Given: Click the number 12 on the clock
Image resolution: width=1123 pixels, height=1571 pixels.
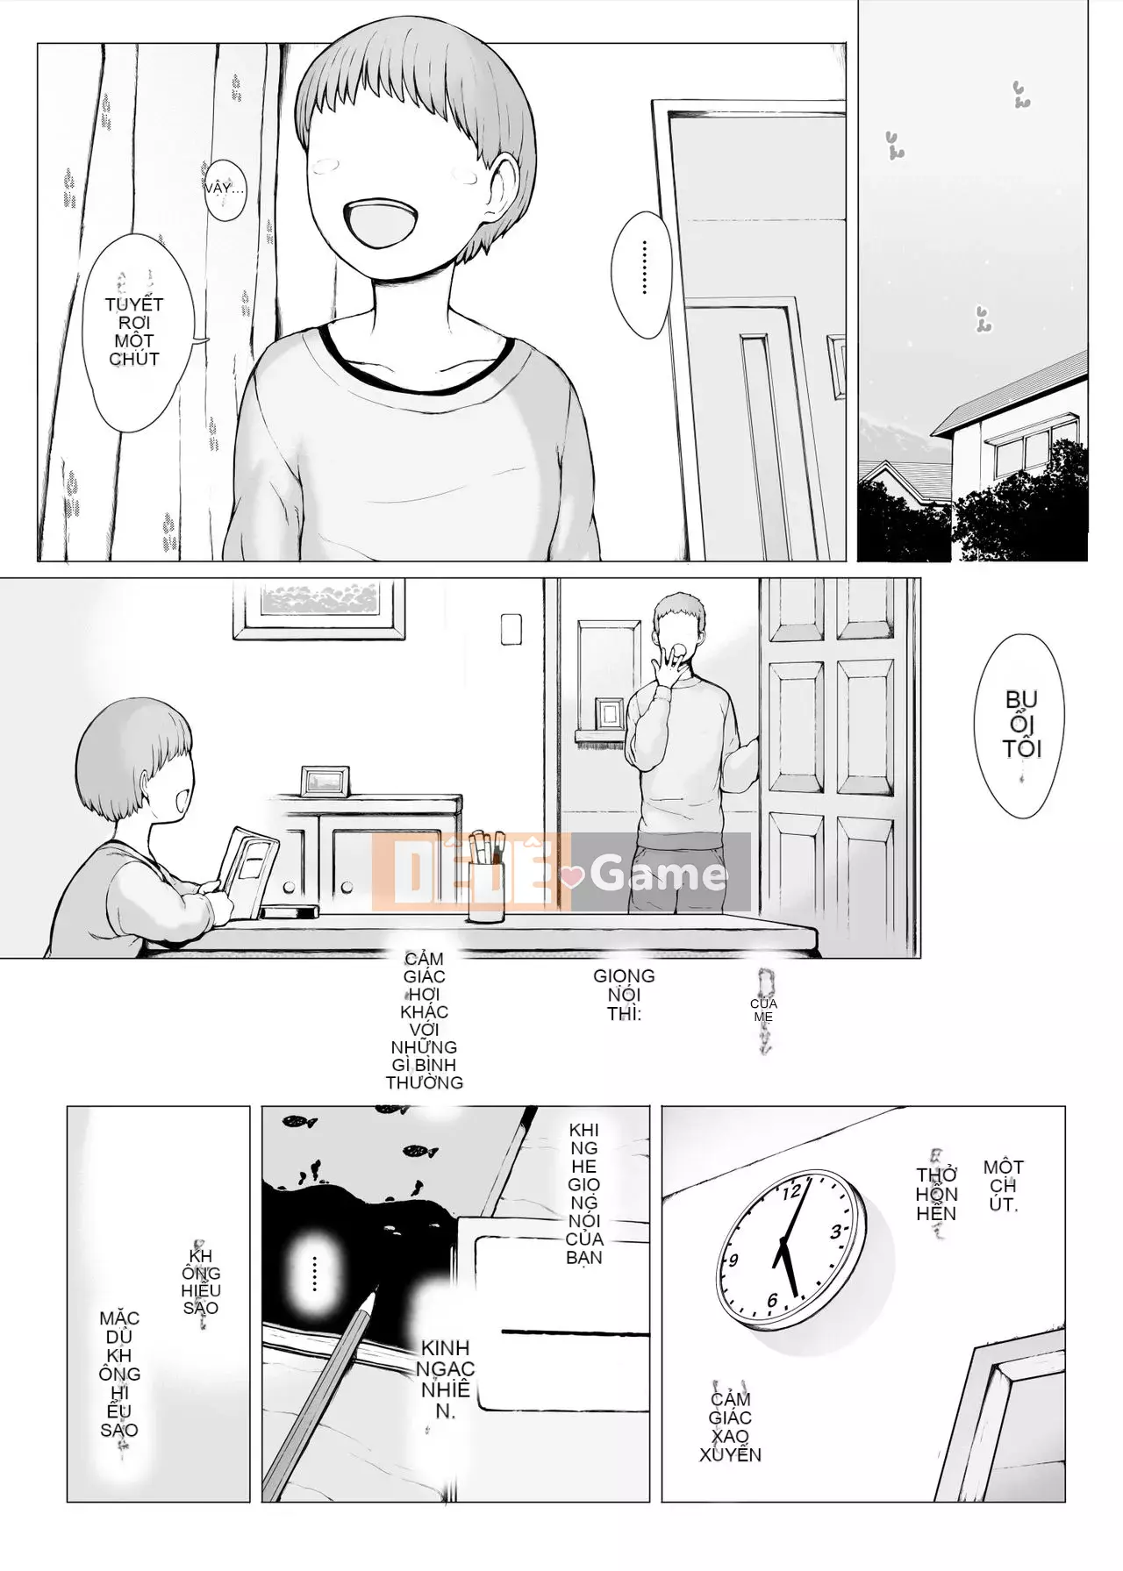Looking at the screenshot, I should pos(791,1191).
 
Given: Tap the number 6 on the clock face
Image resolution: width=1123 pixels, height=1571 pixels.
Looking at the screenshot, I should pos(772,1300).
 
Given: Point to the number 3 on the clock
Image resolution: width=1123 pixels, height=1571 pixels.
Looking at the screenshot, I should pos(836,1231).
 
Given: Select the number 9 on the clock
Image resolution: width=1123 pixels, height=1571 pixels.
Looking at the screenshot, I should pos(733,1260).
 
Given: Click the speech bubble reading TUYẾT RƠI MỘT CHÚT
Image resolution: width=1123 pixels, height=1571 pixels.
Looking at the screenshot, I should pos(134,332).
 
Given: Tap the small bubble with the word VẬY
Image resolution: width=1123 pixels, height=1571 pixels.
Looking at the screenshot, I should pos(224,188).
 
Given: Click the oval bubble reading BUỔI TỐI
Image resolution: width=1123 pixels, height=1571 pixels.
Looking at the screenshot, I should pos(1021,725).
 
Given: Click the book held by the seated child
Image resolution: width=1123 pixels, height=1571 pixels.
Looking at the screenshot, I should pos(247,869).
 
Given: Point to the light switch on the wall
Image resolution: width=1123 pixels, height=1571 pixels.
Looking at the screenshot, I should pos(511,628).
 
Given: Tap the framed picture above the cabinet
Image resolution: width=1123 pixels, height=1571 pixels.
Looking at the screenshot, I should pos(319,607).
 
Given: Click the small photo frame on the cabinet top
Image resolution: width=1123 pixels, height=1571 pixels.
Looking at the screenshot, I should pos(325,780).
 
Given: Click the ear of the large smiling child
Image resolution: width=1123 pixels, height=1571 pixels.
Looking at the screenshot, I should pos(505,180).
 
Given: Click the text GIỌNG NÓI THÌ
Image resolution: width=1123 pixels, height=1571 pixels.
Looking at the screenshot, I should pos(624,995).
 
